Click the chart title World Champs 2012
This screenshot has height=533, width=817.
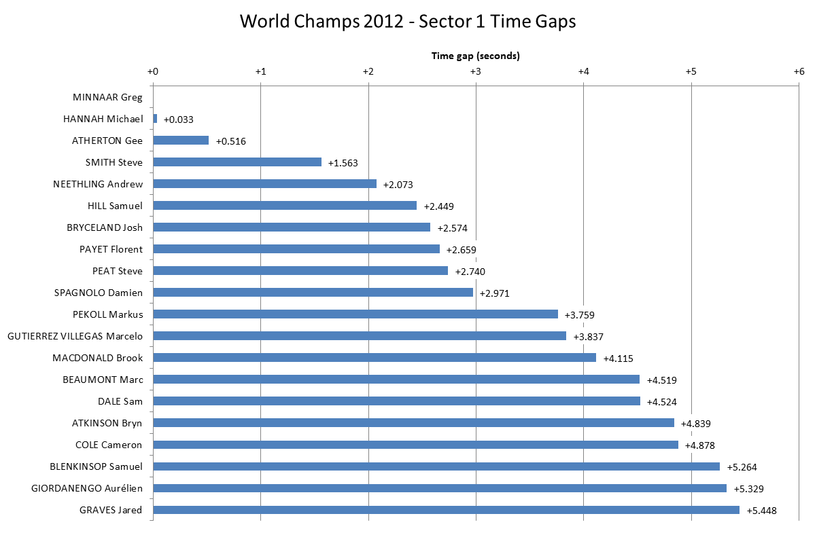coord(408,22)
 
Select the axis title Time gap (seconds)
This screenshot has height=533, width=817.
coord(475,56)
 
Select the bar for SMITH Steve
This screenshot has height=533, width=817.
coord(237,162)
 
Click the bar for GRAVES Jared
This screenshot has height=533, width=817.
coord(446,510)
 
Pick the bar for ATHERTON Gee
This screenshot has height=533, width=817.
coord(181,141)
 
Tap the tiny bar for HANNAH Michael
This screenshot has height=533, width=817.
coord(155,119)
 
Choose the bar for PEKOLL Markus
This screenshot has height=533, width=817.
coord(355,314)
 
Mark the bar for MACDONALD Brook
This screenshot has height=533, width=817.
coord(375,358)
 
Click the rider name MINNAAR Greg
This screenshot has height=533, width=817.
coord(107,97)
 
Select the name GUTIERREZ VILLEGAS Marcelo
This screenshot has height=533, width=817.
coord(75,336)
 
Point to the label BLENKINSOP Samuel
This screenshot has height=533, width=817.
coord(96,466)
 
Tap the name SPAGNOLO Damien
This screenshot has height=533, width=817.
coord(99,293)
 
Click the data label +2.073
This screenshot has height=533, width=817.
coord(398,185)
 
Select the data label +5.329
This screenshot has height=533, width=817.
coord(748,489)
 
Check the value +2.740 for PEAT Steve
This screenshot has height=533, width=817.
coord(470,272)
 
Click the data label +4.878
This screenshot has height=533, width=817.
coord(700,445)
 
